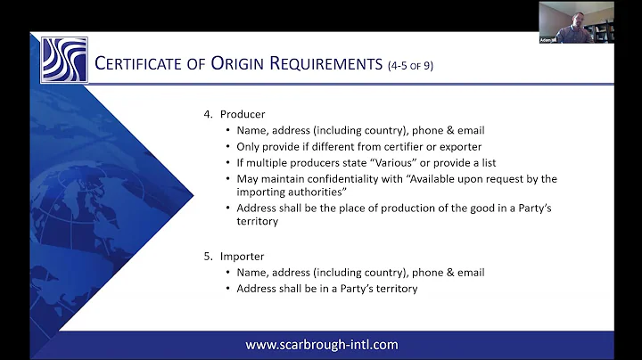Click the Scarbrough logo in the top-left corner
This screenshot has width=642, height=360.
(x=63, y=60)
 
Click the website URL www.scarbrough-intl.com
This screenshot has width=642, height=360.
(x=321, y=344)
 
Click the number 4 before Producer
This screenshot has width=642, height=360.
(x=208, y=114)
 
